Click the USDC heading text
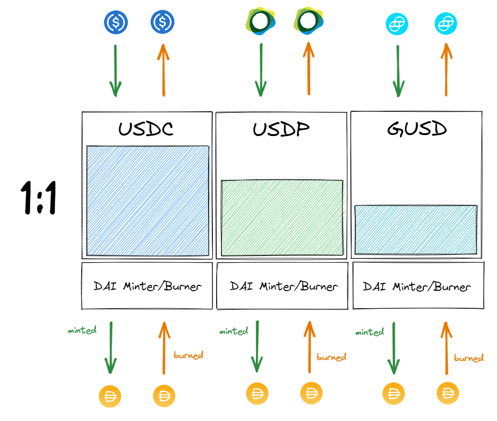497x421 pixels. coord(146,129)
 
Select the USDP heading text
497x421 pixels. coord(281,129)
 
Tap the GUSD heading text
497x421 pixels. coord(417,129)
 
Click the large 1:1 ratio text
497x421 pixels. coord(38,198)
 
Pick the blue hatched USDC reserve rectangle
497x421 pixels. coord(148,200)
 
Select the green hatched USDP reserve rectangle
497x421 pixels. coord(282,217)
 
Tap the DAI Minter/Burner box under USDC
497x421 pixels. coord(147,286)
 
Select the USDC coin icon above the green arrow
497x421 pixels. coord(115,21)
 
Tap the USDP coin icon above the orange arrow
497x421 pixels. coord(307,20)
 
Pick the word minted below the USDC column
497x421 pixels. coord(82,330)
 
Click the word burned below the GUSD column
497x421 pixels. coord(468,358)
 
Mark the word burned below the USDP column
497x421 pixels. coord(331,356)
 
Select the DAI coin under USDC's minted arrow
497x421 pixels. coord(110,396)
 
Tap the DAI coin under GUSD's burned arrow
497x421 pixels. coord(448,394)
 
